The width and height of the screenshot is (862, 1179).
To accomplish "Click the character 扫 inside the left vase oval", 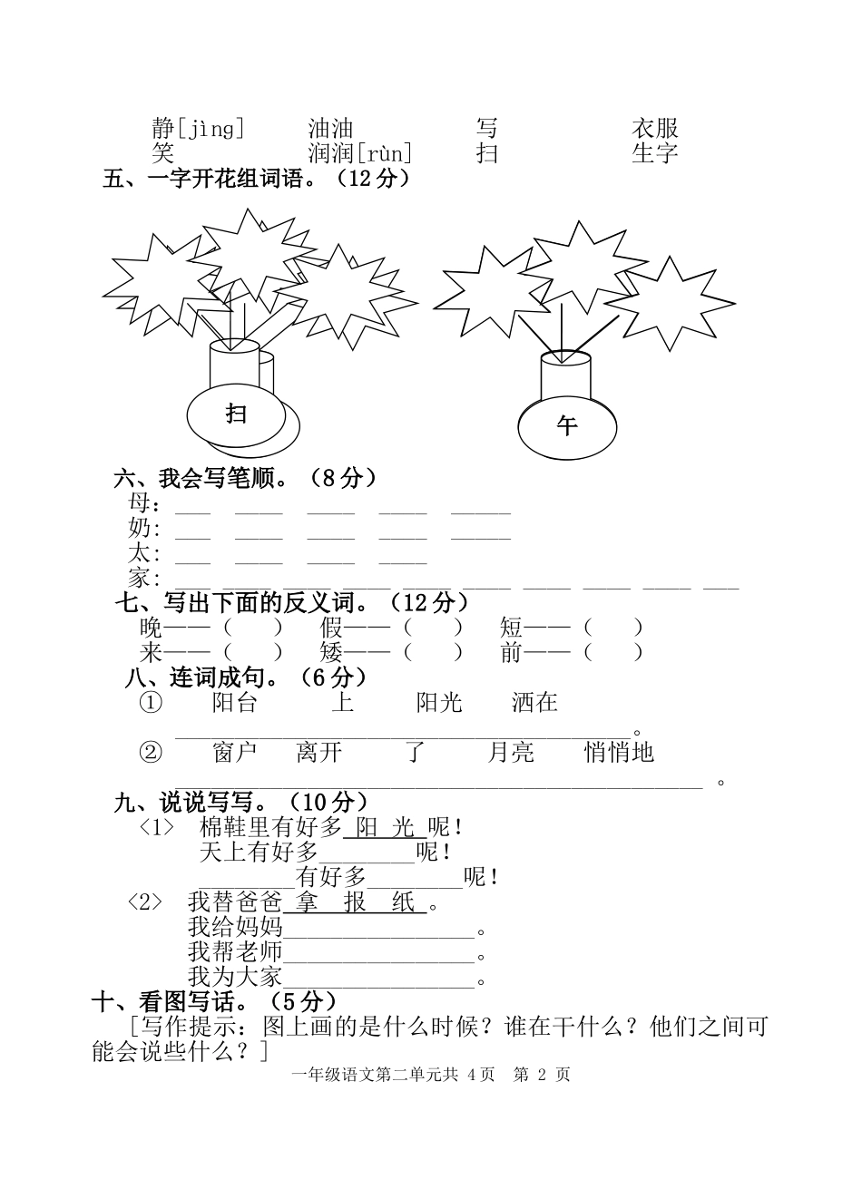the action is tap(237, 414).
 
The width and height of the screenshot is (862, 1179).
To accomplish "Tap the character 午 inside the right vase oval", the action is tap(567, 425).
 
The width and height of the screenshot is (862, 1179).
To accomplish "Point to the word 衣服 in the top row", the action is tap(655, 129).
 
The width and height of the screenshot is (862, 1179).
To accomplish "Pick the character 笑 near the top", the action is tap(162, 153).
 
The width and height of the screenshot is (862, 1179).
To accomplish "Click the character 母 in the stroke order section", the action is tap(140, 502).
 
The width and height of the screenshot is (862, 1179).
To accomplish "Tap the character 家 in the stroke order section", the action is tap(140, 578).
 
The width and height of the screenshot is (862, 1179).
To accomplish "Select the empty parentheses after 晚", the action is tap(253, 627).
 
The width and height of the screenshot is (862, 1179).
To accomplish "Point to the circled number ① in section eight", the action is tap(151, 702).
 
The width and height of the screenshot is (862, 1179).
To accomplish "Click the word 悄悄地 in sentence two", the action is tap(619, 752).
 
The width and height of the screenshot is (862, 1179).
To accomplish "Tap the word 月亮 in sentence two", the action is tap(511, 752).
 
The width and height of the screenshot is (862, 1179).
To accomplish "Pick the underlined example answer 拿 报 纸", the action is tap(355, 903).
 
